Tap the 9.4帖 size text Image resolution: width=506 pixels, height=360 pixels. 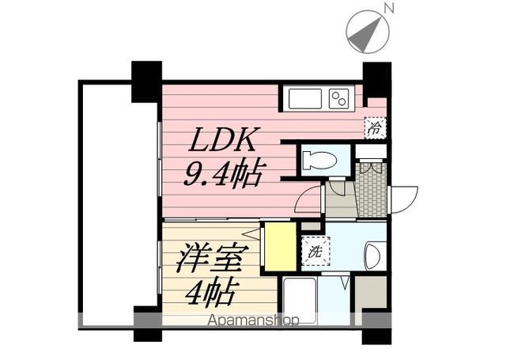[223, 173]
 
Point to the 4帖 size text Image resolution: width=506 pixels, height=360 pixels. [210, 294]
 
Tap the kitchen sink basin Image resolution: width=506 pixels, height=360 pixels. [305, 100]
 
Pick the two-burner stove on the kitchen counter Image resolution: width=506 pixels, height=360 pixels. [339, 100]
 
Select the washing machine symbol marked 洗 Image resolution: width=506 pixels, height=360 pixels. [314, 254]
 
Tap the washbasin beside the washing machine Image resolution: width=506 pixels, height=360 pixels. [372, 255]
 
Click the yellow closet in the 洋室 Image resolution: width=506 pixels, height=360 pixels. [278, 247]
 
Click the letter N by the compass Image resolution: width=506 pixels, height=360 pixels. [388, 8]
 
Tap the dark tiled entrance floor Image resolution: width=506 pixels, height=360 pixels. [372, 190]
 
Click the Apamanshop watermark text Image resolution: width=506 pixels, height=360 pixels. [253, 320]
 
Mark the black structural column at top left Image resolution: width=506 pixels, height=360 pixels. [146, 80]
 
